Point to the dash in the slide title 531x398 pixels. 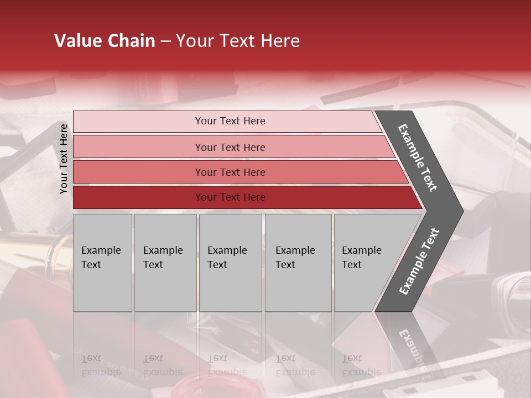click(165, 41)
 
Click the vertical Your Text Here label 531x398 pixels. click(64, 159)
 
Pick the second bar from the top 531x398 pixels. click(230, 147)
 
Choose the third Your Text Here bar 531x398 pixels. click(230, 172)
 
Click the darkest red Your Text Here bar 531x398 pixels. click(230, 197)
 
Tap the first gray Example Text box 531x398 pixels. click(102, 262)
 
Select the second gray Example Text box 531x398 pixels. click(165, 262)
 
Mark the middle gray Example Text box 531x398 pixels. click(230, 262)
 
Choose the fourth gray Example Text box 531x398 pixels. click(298, 262)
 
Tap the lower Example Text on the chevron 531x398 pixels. click(419, 261)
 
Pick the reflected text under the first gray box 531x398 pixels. click(101, 365)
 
